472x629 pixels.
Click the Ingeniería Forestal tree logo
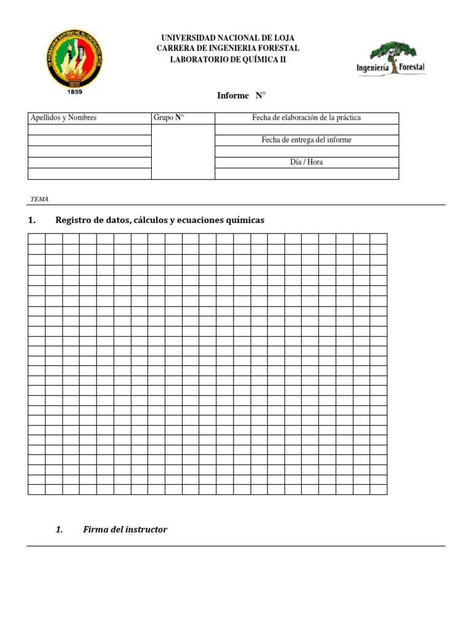click(x=391, y=59)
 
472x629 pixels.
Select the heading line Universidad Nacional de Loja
click(x=227, y=38)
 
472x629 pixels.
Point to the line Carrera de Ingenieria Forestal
click(x=227, y=49)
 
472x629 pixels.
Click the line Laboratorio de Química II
click(x=227, y=59)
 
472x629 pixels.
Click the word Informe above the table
click(x=233, y=95)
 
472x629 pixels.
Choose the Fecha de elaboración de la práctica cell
click(x=306, y=118)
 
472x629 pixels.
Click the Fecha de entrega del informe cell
click(x=306, y=140)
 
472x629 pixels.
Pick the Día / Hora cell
click(x=306, y=162)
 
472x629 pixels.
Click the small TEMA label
click(x=39, y=200)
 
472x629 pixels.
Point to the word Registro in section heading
click(x=72, y=220)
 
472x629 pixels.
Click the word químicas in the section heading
click(x=245, y=220)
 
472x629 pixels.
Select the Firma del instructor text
click(x=125, y=529)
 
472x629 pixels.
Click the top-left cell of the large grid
click(x=36, y=238)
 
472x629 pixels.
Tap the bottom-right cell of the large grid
click(x=379, y=489)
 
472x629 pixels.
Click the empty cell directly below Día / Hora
click(x=306, y=174)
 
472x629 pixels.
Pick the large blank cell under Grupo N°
click(x=183, y=151)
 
